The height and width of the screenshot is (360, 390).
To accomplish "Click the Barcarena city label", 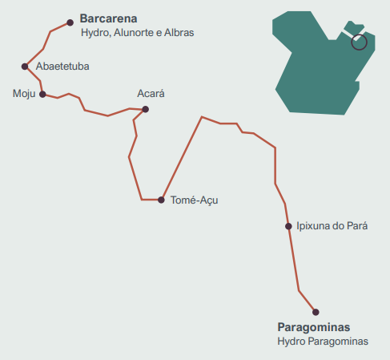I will pyautogui.click(x=108, y=18).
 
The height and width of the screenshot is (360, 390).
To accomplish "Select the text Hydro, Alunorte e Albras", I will pyautogui.click(x=138, y=33).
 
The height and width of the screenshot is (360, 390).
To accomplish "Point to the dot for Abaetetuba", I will pyautogui.click(x=25, y=66).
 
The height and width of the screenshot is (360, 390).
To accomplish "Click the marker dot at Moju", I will pyautogui.click(x=42, y=94).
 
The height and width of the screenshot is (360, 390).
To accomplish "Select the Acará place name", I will pyautogui.click(x=151, y=94).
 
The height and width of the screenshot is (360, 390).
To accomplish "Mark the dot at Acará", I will pyautogui.click(x=145, y=109).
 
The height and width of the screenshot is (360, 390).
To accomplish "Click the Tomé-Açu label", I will pyautogui.click(x=195, y=200).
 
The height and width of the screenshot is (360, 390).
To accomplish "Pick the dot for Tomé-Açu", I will pyautogui.click(x=161, y=200).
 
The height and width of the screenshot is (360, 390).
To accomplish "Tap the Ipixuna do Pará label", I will pyautogui.click(x=332, y=226).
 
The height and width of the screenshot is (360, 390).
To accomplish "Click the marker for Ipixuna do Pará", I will pyautogui.click(x=288, y=226).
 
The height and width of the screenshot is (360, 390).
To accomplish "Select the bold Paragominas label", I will pyautogui.click(x=314, y=327).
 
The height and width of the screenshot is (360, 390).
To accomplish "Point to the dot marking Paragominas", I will pyautogui.click(x=316, y=312).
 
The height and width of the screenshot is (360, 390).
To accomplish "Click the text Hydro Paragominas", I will pyautogui.click(x=323, y=342).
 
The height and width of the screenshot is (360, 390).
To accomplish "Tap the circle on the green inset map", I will pyautogui.click(x=359, y=42).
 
